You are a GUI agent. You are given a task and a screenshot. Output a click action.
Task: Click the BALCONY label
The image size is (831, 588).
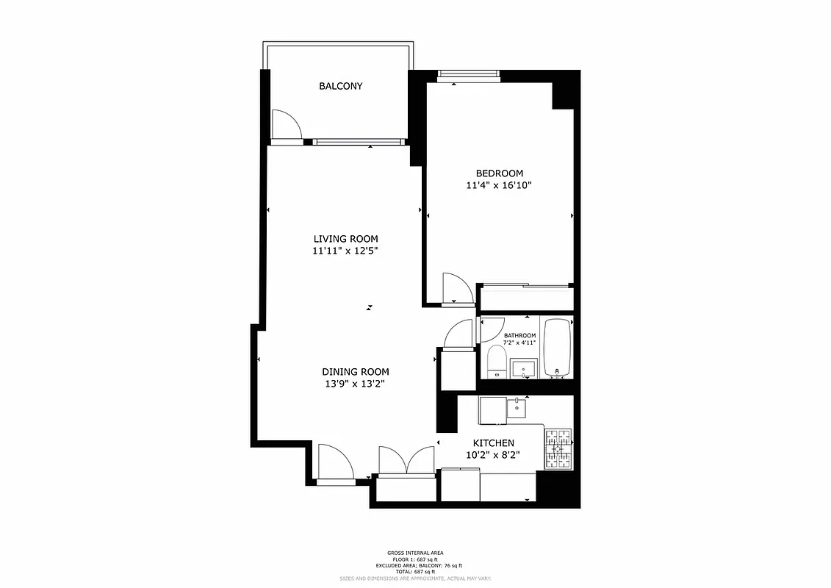click(340, 86)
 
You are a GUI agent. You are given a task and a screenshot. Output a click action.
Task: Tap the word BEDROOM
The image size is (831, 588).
click(499, 173)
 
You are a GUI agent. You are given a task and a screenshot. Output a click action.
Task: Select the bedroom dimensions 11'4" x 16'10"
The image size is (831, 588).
click(499, 186)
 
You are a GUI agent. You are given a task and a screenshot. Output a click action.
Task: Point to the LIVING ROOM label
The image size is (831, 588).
click(345, 239)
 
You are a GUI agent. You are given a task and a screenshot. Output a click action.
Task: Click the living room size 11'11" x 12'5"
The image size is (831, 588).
click(345, 251)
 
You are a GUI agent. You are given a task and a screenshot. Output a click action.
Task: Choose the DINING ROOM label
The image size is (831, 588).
click(355, 372)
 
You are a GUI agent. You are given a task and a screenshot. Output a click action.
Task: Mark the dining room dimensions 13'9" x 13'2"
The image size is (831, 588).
click(355, 384)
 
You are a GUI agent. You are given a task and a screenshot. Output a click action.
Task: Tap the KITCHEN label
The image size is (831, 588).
click(493, 443)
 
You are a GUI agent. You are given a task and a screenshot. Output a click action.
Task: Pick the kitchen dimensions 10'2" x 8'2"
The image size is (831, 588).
click(493, 456)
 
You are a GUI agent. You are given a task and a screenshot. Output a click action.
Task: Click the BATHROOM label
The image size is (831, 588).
click(519, 336)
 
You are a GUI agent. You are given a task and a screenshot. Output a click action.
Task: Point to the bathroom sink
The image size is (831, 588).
click(525, 367)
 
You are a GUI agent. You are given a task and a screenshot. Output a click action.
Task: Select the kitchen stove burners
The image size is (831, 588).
click(558, 449)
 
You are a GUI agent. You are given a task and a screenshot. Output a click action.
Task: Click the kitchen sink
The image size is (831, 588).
click(518, 407)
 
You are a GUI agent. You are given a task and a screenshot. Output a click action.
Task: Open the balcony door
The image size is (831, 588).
click(285, 125)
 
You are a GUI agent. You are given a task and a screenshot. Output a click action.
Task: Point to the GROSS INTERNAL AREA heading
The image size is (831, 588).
click(415, 553)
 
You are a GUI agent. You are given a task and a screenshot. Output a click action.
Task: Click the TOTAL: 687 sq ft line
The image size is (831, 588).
click(415, 571)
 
